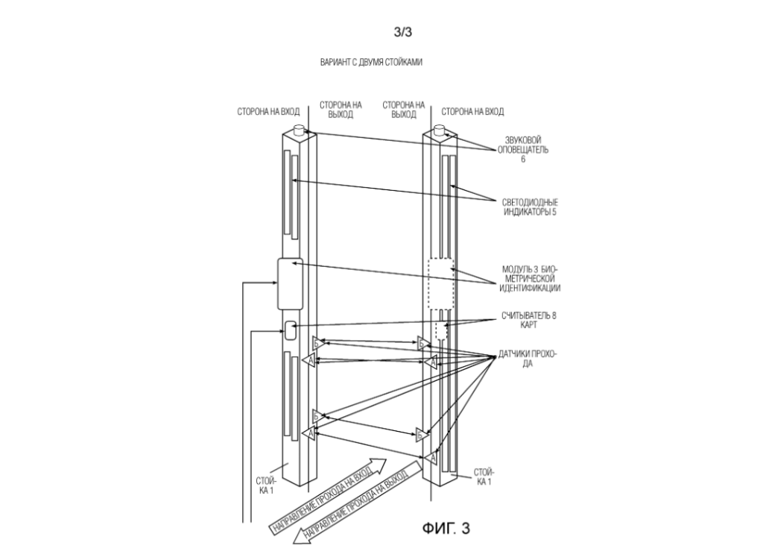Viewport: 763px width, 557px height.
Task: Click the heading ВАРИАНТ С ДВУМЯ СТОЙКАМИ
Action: point(372,63)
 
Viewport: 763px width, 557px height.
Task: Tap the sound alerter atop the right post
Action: point(440,131)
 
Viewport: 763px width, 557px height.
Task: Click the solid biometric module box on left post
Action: point(289,283)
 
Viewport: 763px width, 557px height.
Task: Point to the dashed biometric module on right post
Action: point(440,284)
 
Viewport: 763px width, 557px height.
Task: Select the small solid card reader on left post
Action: point(291,329)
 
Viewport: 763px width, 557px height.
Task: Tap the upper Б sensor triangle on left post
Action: point(317,343)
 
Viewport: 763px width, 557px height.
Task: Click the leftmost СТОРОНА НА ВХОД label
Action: point(268,112)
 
